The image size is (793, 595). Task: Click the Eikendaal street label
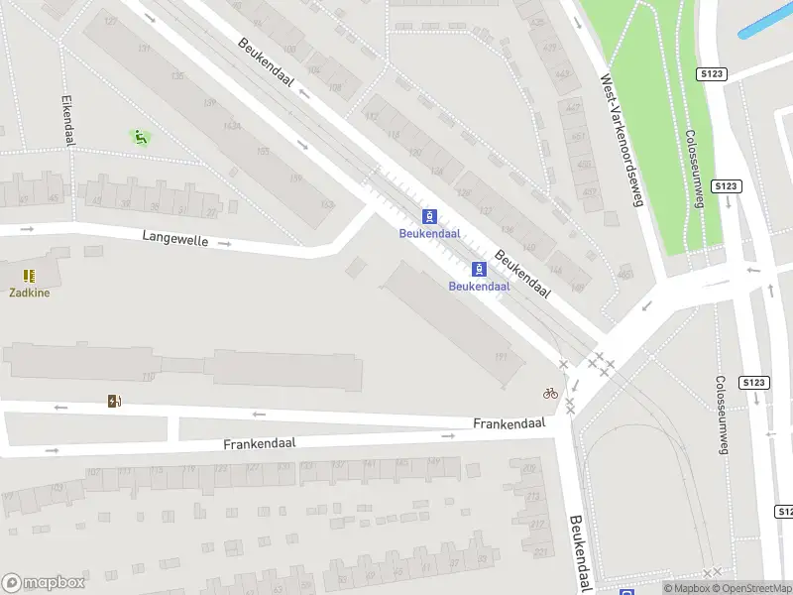[x=68, y=121]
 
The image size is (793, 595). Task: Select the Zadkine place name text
[x=30, y=293]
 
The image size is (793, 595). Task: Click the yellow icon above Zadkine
[x=30, y=275]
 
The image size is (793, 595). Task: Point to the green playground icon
[x=141, y=137]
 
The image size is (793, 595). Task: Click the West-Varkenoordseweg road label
[x=622, y=139]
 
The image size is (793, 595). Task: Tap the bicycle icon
[x=550, y=393]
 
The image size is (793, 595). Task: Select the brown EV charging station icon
[x=115, y=401]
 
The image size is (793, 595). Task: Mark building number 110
[x=149, y=376]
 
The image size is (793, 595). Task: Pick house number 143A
[x=232, y=126]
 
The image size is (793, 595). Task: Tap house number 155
[x=264, y=152]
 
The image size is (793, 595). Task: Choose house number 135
[x=177, y=76]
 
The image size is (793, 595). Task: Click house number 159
[x=295, y=179]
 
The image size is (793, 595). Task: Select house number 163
[x=327, y=205]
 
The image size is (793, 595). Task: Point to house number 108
[x=289, y=49]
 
